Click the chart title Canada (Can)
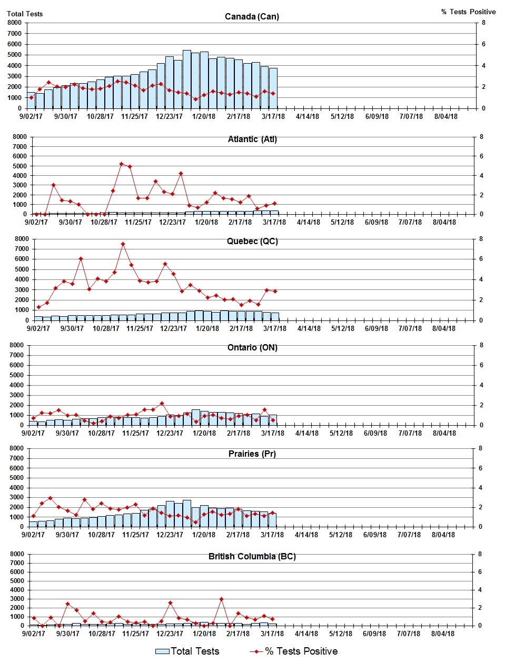(252, 16)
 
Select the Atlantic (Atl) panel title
(252, 139)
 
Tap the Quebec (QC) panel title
(252, 241)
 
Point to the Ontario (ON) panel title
(252, 347)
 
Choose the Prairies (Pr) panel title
(252, 454)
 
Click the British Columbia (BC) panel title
(252, 556)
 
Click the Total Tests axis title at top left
(25, 14)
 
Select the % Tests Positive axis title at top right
(468, 12)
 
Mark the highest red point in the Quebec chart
(123, 244)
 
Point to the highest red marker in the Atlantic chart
(121, 164)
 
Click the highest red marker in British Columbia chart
(221, 599)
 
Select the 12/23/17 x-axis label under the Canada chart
(169, 116)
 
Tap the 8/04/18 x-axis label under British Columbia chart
(443, 634)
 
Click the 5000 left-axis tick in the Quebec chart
(22, 269)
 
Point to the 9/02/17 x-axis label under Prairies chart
(33, 535)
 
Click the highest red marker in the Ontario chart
(162, 404)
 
